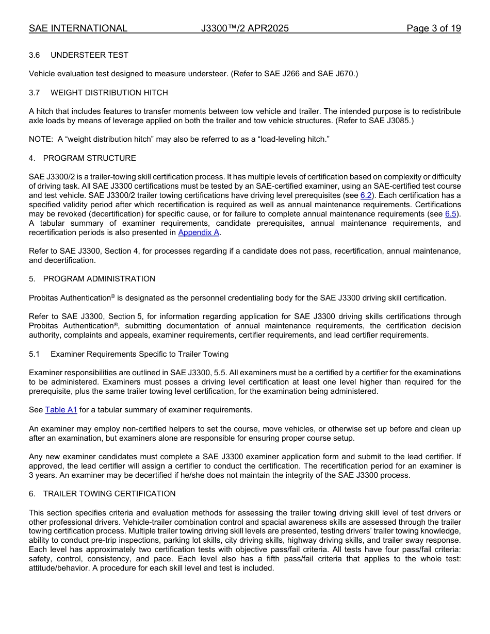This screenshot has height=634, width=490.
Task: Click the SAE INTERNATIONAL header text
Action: [78, 28]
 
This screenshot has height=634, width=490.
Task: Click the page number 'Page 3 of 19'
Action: [433, 28]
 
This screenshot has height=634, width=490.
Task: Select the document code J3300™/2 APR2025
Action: [245, 28]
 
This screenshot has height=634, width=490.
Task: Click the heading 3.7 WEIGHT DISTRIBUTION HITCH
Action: [98, 93]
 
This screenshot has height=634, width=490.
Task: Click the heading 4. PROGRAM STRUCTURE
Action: [83, 158]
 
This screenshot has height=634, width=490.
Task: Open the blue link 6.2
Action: [366, 195]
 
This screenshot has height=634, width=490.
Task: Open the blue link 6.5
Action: [450, 214]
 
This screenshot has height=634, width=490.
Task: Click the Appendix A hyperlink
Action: [199, 232]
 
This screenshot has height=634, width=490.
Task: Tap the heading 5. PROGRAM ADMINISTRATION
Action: [92, 279]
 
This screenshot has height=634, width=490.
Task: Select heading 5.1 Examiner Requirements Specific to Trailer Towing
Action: [129, 354]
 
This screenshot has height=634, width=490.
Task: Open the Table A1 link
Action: [61, 410]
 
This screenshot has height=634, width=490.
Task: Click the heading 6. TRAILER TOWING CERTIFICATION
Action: [102, 494]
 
